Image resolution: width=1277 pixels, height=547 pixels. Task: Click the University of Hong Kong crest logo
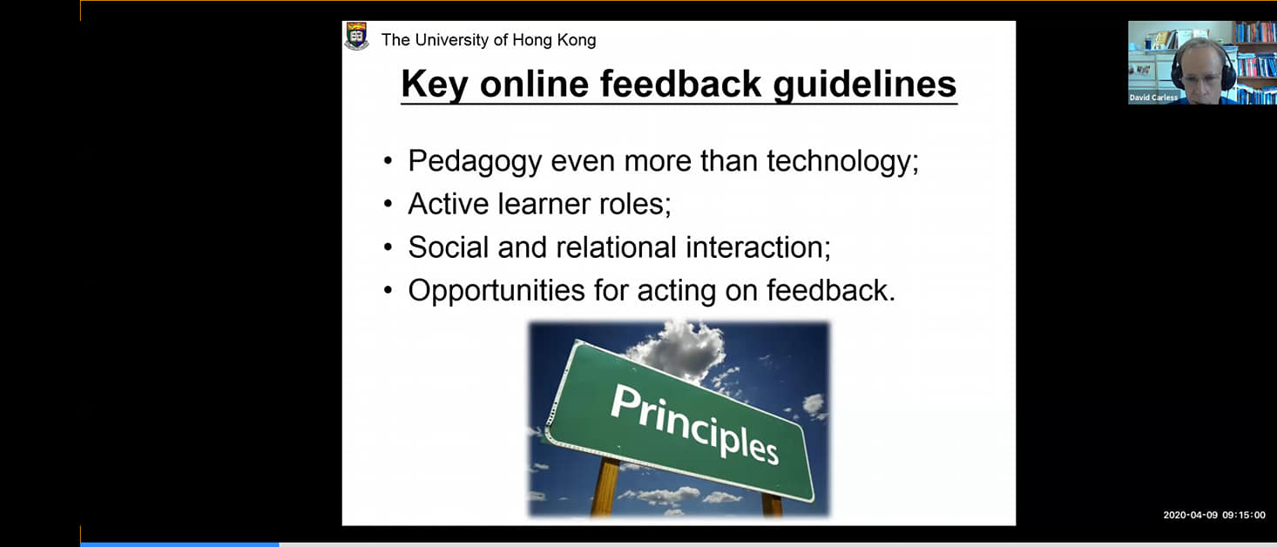(x=357, y=37)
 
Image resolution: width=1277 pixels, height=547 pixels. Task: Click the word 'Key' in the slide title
(x=435, y=84)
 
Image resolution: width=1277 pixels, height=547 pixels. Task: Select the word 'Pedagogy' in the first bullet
(x=475, y=162)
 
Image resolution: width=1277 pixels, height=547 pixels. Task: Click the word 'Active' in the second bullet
(x=448, y=204)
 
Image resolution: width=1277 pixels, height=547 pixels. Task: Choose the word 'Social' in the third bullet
(x=449, y=247)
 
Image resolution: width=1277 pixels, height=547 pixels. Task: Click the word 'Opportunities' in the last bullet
(x=497, y=291)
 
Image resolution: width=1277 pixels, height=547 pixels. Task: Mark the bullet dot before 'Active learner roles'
(x=389, y=204)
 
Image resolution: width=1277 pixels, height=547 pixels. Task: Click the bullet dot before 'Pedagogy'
(x=389, y=161)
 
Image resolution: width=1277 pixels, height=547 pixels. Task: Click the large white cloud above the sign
(x=679, y=348)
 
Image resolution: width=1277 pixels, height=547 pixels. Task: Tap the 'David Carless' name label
(x=1153, y=98)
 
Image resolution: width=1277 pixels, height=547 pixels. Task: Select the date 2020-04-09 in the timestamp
(x=1190, y=515)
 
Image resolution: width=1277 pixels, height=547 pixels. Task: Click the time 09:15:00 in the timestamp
(x=1243, y=515)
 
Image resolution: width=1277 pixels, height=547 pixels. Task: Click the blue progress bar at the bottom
(x=179, y=544)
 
